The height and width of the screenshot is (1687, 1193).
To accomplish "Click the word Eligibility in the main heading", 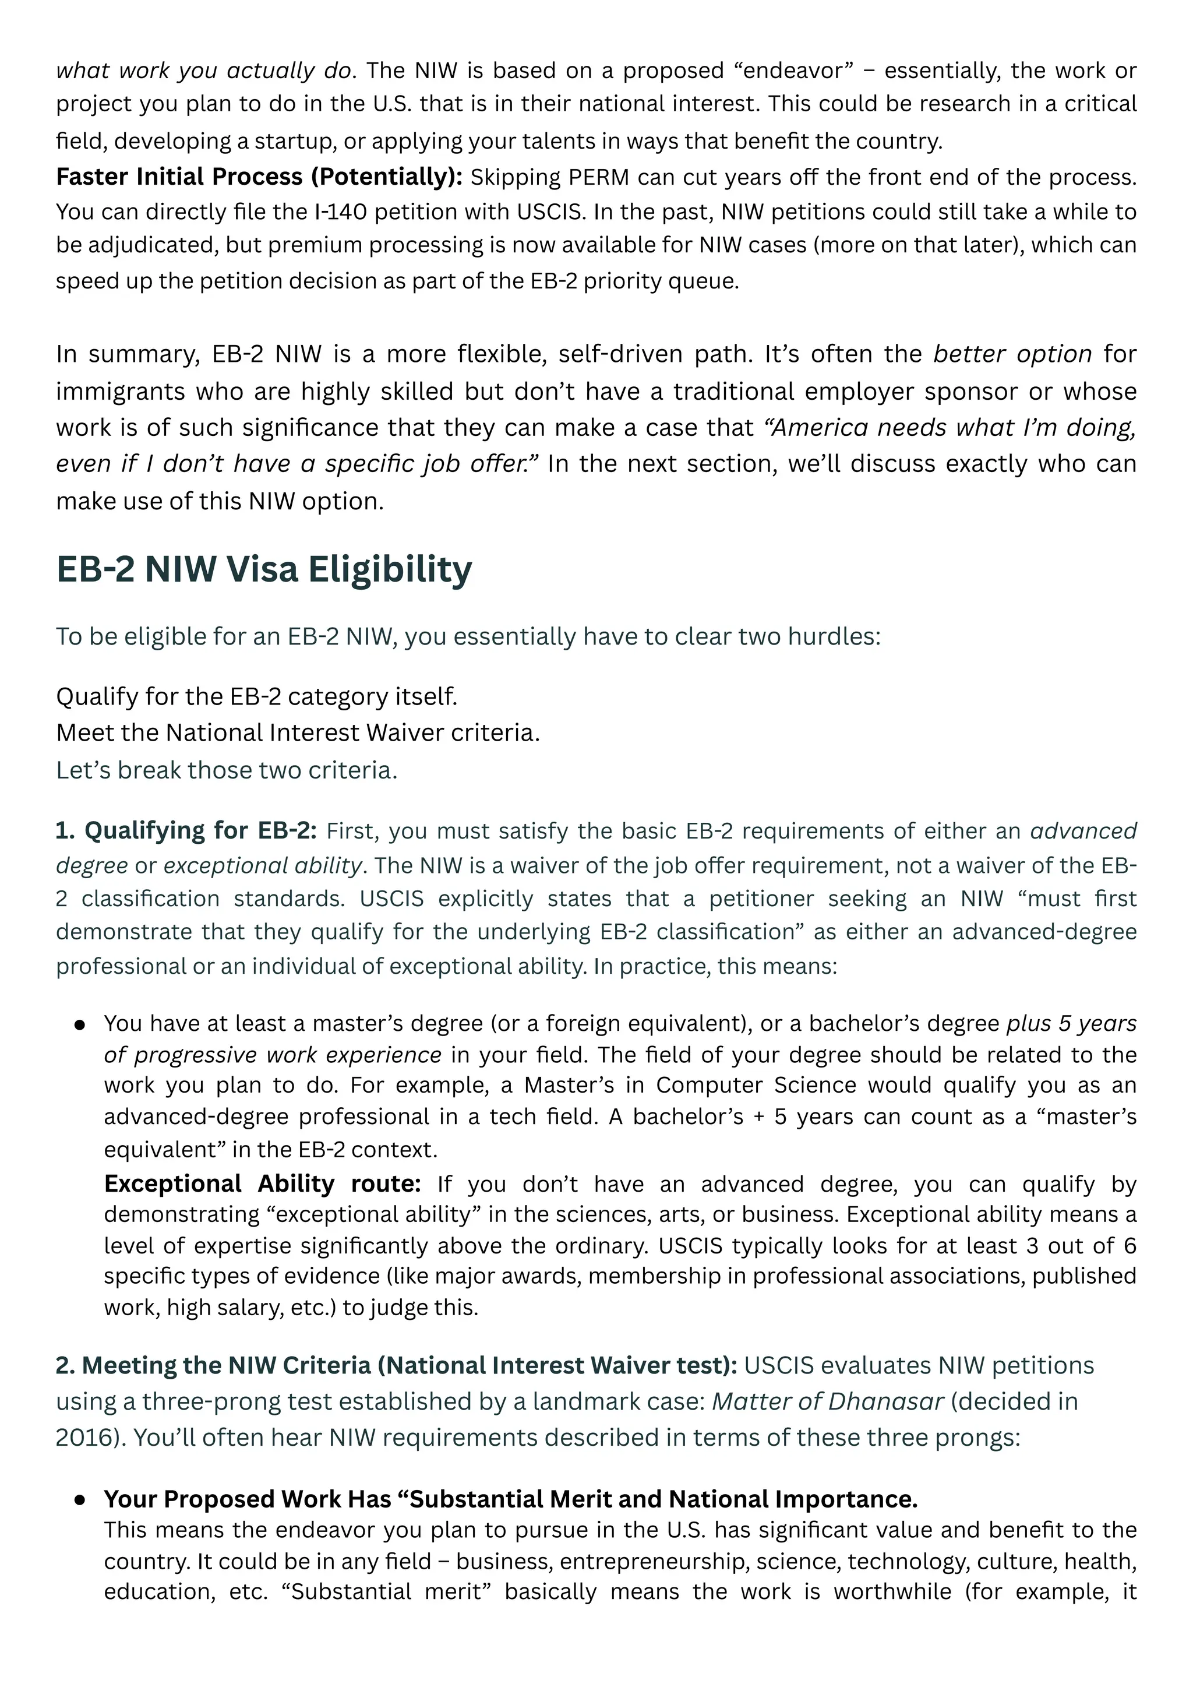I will tap(389, 569).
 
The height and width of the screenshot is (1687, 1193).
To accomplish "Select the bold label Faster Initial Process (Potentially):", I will tap(259, 177).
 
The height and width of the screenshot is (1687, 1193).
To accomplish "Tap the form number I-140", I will tap(337, 212).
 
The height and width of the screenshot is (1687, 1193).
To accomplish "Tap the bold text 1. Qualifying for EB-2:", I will tap(186, 830).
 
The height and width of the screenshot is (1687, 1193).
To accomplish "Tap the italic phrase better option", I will tap(1012, 354).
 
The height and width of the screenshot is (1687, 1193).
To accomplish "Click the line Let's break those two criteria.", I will tap(226, 770).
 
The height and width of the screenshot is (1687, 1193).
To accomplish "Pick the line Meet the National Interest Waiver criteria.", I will tap(298, 732).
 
